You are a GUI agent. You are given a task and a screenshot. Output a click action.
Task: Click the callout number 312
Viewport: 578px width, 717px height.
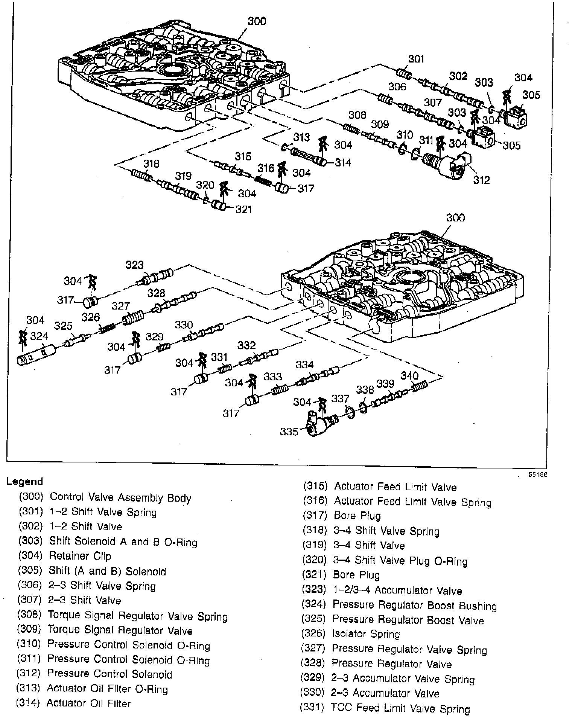481,180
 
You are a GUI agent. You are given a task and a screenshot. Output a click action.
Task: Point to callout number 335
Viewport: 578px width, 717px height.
289,431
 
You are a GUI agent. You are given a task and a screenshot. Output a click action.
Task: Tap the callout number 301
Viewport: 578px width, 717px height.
416,59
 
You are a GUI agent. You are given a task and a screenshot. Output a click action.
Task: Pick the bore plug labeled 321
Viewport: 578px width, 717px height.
219,206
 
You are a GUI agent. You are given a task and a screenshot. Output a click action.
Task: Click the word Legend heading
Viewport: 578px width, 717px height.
25,482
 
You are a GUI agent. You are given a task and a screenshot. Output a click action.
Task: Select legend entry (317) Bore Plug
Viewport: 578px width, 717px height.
342,516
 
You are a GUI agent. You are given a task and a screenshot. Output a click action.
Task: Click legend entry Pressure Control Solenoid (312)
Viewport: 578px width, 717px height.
94,674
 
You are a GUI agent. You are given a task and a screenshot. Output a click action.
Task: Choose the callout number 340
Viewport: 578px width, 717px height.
409,375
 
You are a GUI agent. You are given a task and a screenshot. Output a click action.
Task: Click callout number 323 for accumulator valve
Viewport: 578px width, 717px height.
134,265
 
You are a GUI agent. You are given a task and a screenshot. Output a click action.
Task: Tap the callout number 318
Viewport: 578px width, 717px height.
151,164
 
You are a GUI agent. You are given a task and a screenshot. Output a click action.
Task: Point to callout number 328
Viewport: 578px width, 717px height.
156,293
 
